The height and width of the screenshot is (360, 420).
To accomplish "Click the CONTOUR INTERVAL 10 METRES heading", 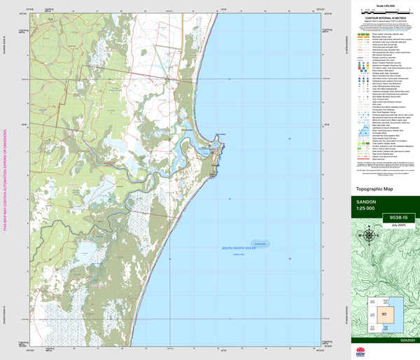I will click(x=384, y=20).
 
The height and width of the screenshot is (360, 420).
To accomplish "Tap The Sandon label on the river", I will click(x=188, y=129).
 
